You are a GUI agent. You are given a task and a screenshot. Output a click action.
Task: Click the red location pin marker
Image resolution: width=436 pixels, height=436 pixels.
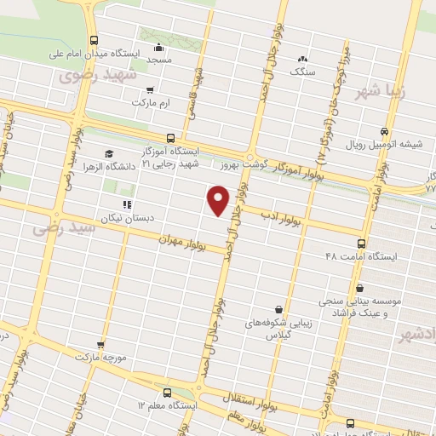click(218, 200)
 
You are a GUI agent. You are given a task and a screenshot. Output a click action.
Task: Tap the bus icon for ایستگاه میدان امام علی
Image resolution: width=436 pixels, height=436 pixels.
click(93, 39)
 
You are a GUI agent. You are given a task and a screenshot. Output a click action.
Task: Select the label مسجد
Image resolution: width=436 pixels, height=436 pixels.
click(159, 60)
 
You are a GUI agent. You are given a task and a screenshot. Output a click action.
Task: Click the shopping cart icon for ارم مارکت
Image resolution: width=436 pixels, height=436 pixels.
click(151, 89)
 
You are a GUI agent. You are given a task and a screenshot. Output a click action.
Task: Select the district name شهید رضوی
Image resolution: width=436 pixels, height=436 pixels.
click(89, 75)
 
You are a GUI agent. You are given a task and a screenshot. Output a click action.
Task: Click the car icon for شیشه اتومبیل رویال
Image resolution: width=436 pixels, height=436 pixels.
click(386, 132)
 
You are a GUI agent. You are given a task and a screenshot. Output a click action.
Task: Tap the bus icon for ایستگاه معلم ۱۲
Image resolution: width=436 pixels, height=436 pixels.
click(167, 393)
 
